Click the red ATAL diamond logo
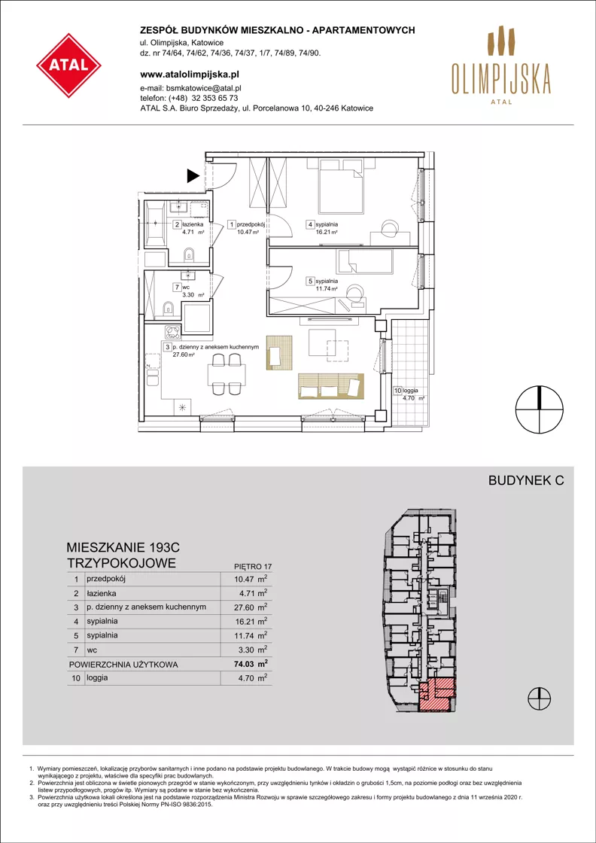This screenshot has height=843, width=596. tap(68, 65)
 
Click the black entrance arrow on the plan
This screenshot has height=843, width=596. tap(193, 175)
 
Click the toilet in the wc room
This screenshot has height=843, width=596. tap(169, 308)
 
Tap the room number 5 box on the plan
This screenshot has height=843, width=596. tap(310, 281)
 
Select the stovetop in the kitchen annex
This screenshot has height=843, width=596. tap(172, 332)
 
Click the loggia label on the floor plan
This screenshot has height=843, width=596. tap(412, 391)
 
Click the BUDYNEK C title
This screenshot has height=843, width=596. tap(525, 481)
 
